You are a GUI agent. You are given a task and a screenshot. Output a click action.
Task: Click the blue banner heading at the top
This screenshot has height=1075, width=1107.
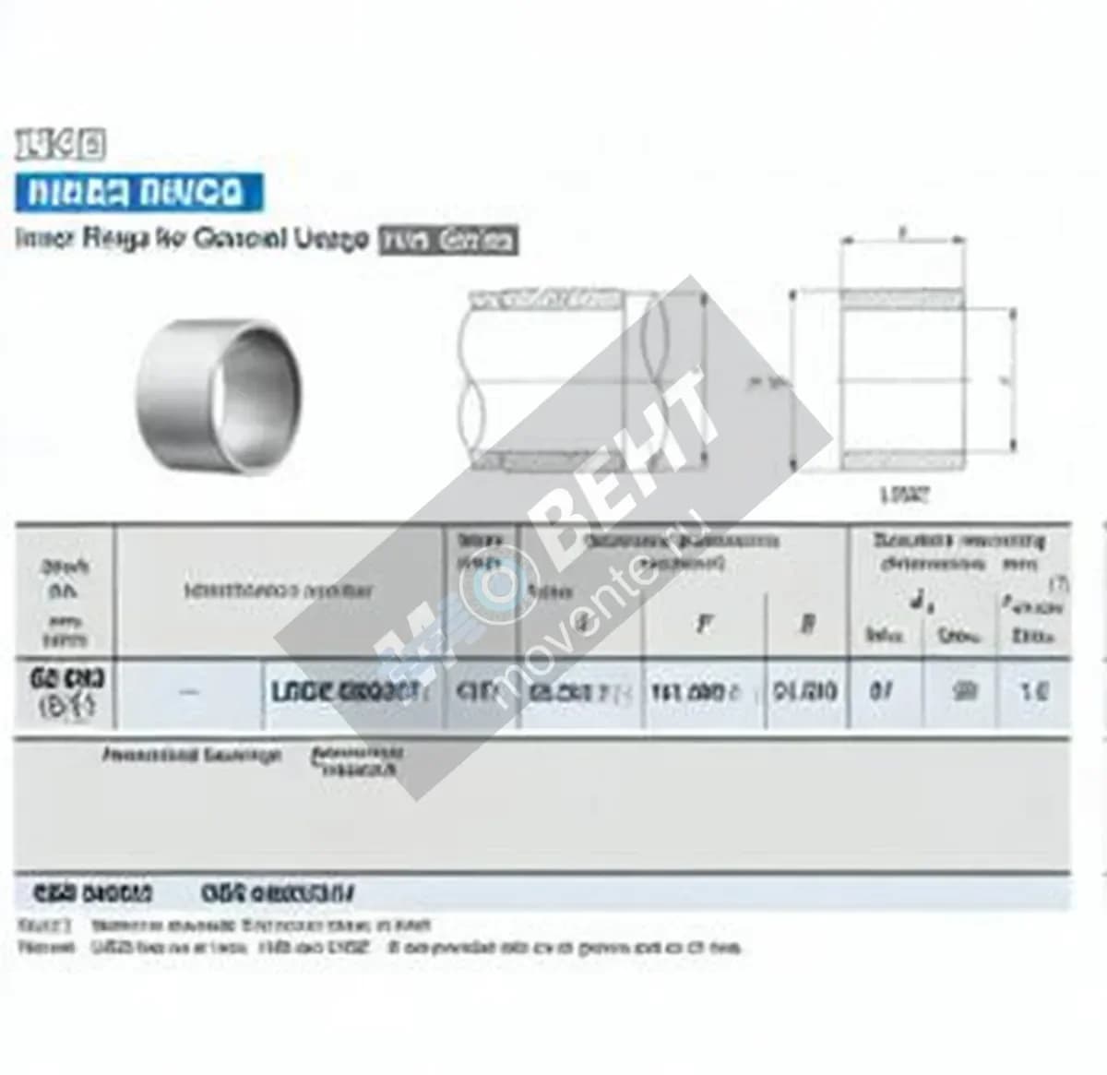coord(138,193)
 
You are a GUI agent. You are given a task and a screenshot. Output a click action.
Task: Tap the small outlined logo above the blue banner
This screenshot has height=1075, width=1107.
coord(60,145)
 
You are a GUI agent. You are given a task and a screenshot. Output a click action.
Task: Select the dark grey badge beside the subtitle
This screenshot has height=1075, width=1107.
coord(449,241)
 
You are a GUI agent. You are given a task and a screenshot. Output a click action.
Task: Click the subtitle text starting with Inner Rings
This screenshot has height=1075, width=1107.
coord(192,239)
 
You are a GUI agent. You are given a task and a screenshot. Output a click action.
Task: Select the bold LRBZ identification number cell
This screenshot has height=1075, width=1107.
coord(346,692)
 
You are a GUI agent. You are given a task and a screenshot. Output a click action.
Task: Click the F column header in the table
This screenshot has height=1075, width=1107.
coord(704,625)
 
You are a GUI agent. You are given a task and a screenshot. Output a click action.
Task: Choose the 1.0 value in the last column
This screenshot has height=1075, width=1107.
coord(1034,691)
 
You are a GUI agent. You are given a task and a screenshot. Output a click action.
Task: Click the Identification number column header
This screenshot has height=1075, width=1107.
coord(279,591)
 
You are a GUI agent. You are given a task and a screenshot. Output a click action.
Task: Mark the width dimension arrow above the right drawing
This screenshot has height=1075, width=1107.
coord(902,241)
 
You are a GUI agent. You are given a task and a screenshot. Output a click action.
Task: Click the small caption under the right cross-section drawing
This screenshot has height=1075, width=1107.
coord(904,495)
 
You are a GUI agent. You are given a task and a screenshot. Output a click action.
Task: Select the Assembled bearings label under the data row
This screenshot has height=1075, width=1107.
coord(191,756)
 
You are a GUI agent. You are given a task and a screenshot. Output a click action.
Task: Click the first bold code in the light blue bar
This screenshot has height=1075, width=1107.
coord(92,893)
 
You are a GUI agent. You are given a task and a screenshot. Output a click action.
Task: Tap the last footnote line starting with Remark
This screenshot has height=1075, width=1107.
coord(378,948)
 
